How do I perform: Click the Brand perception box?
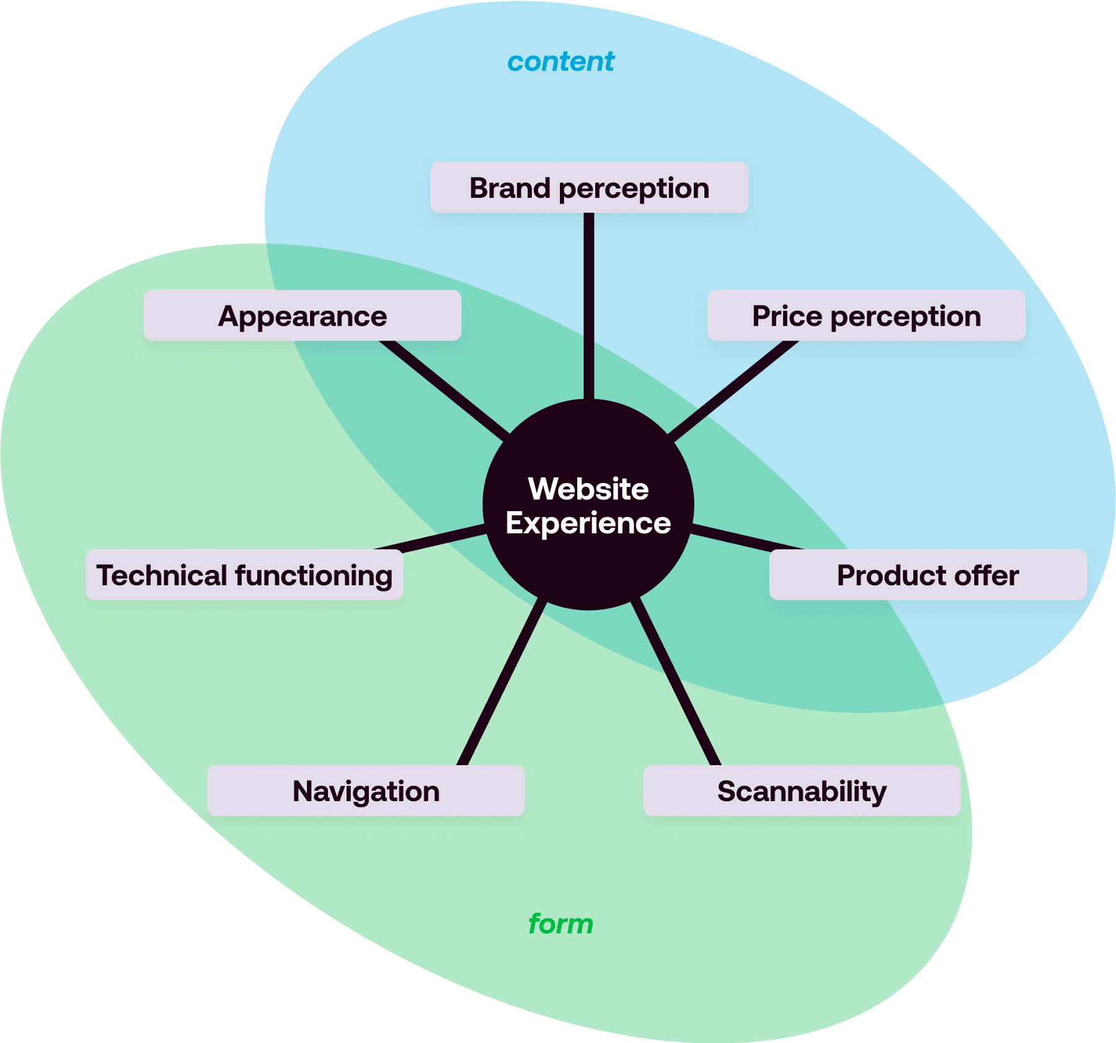[x=589, y=187]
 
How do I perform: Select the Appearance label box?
[x=303, y=316]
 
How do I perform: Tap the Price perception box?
[x=866, y=316]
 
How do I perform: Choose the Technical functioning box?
[x=244, y=575]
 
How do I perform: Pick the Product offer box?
[x=928, y=575]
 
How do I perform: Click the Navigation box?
[x=366, y=791]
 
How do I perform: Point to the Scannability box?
[x=802, y=791]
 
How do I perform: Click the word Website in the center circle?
[x=588, y=489]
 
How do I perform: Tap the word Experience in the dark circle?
[x=588, y=523]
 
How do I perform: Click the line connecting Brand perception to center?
[x=589, y=304]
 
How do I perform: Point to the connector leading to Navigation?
[x=502, y=682]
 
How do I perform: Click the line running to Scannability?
[x=676, y=682]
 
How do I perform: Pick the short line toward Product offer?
[x=747, y=538]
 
